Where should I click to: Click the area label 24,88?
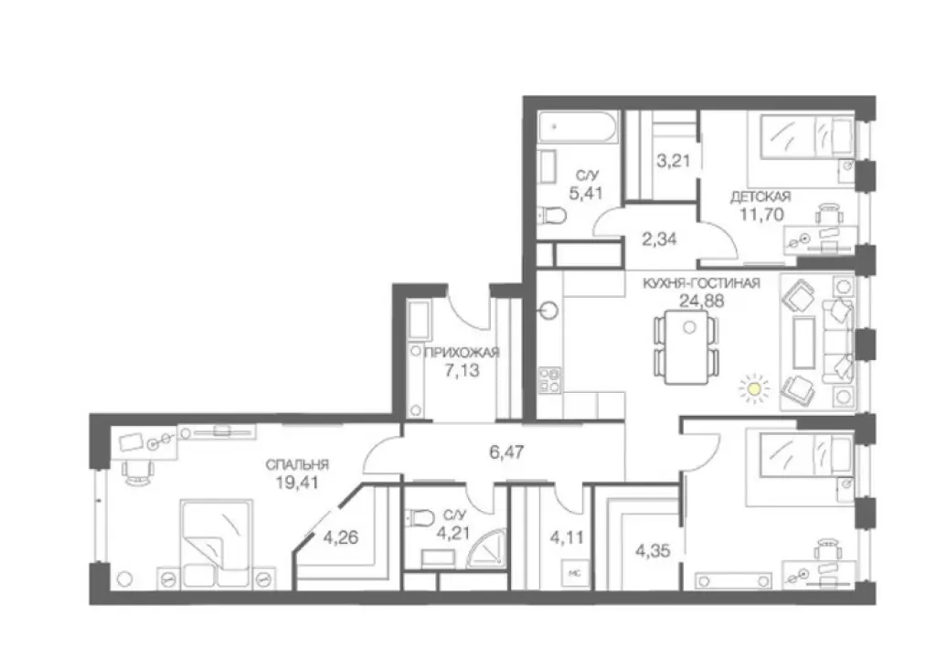(x=701, y=301)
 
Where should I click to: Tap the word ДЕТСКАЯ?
(x=760, y=196)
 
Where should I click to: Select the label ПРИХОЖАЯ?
(x=462, y=352)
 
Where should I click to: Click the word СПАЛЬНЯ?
(x=297, y=464)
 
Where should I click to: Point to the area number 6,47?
(x=506, y=452)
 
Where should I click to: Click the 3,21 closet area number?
(x=674, y=161)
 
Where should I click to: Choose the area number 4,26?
(x=340, y=537)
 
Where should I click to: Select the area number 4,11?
(x=567, y=537)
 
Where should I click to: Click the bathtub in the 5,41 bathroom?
(x=577, y=126)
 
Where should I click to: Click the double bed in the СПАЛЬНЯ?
(x=215, y=543)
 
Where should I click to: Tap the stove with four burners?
(x=550, y=379)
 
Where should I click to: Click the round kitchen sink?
(x=548, y=311)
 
